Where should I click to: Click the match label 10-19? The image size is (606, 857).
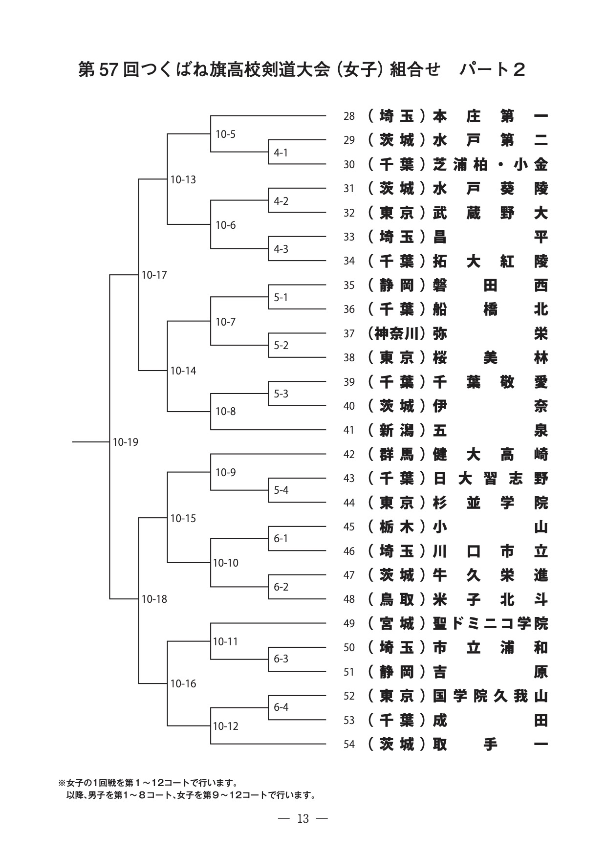[x=126, y=442]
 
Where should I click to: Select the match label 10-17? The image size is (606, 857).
[x=154, y=275]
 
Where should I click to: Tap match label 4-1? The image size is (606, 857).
[x=281, y=153]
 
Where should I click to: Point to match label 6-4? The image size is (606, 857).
[x=281, y=707]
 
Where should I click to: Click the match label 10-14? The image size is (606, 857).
[x=183, y=371]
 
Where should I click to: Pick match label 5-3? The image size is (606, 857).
[x=281, y=394]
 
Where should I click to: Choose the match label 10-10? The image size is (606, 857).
[x=226, y=563]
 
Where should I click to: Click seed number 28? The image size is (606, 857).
[x=349, y=116]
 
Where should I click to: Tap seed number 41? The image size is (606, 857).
[x=349, y=430]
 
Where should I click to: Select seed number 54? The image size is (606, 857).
[x=349, y=745]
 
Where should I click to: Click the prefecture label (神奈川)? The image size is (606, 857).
[x=397, y=334]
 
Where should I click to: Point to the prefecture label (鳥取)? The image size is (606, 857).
[x=397, y=599]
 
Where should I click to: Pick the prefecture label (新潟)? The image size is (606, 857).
[x=397, y=430]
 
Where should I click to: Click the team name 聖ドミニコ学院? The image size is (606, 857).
[x=490, y=624]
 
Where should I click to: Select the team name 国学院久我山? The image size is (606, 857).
[x=490, y=696]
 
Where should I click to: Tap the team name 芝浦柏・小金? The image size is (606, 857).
[x=490, y=165]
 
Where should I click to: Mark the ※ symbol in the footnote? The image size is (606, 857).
[x=62, y=783]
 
